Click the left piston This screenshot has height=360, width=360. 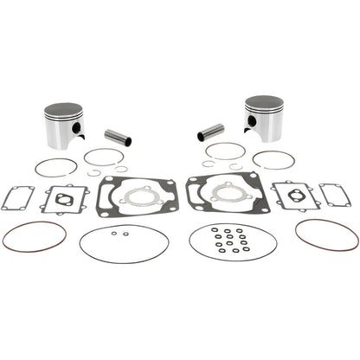(62, 126)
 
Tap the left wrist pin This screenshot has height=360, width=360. (118, 137)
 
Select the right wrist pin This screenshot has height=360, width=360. (211, 132)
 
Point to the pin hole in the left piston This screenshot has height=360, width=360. (78, 128)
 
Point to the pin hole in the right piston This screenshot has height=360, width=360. (247, 122)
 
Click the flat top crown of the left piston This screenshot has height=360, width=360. (62, 110)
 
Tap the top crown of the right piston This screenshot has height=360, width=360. (265, 102)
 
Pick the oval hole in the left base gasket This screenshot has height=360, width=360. (64, 199)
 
